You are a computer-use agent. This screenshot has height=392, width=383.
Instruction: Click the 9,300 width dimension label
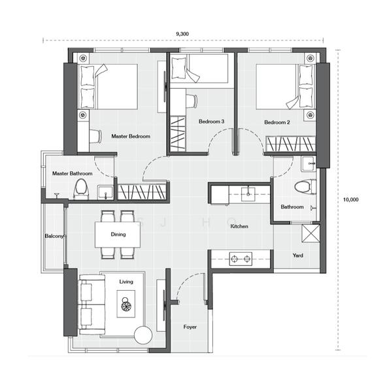pos(182,34)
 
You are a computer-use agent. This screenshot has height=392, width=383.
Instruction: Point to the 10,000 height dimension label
pos(350,199)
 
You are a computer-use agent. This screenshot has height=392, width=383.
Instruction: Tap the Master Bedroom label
pos(131,137)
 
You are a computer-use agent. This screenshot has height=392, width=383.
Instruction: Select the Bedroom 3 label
pos(211,122)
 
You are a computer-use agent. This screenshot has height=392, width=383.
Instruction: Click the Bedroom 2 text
pos(277,122)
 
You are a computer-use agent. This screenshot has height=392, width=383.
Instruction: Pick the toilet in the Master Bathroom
pos(81,189)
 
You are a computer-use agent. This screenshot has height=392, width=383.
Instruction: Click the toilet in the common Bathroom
pos(305,186)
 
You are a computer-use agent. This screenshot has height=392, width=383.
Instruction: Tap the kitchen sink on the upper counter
pos(248,194)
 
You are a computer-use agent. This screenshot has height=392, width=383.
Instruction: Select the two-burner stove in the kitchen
pos(241,259)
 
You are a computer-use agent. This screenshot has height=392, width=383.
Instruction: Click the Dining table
pos(118,235)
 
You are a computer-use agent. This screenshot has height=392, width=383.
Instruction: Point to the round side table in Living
pos(143,335)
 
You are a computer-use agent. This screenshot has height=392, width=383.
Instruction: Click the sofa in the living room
pos(92,304)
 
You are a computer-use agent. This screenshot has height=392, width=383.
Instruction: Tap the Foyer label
pos(190,327)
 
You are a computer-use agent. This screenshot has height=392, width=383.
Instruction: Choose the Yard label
pos(298,255)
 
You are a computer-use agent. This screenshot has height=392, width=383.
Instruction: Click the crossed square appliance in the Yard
pos(310,233)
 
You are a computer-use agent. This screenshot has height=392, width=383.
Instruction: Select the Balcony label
pos(54,236)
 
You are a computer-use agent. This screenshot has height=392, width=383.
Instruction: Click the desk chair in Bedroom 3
pos(192,101)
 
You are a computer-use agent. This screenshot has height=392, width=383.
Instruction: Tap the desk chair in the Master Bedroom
pos(96,137)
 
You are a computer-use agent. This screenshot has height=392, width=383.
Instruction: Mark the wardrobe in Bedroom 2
pos(290,144)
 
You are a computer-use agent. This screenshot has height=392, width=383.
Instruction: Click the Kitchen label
pos(239,226)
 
